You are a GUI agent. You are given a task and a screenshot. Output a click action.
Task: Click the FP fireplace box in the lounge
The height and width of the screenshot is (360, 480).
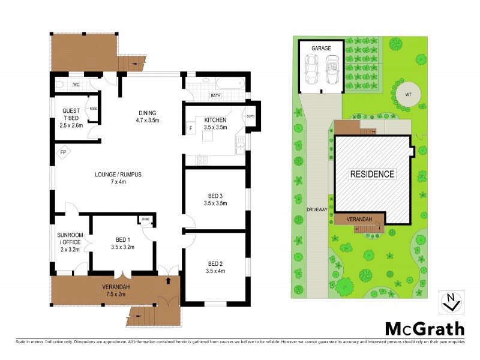pyautogui.click(x=63, y=152)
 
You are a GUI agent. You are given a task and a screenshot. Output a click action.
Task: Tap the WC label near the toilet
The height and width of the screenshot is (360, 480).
pyautogui.click(x=76, y=85)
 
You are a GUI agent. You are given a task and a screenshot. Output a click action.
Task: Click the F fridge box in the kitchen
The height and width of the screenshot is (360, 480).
pyautogui.click(x=191, y=128)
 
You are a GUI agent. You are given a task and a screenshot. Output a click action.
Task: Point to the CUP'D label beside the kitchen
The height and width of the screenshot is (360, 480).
pyautogui.click(x=251, y=116)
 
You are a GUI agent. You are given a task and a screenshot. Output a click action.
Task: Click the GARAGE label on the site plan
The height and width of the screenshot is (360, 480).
pyautogui.click(x=321, y=47)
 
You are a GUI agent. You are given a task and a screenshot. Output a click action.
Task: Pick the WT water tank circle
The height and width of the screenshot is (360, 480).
pyautogui.click(x=408, y=94)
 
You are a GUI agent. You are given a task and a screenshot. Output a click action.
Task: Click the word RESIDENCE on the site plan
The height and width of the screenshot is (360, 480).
pyautogui.click(x=373, y=175)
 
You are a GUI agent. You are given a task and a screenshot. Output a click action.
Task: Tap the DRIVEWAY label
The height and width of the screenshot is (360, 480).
pyautogui.click(x=316, y=210)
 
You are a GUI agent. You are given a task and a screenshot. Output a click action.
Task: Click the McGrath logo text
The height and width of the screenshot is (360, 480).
pyautogui.click(x=424, y=328)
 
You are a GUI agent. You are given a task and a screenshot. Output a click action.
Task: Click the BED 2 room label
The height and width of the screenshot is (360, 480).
pyautogui.click(x=215, y=263)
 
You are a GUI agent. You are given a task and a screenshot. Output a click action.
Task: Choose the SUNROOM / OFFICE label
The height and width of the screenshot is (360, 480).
pyautogui.click(x=70, y=238)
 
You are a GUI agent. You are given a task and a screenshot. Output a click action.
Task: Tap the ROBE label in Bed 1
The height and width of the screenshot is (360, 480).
pyautogui.click(x=146, y=220)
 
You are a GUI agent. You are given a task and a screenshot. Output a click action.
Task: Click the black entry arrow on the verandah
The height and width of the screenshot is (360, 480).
pyautogui.click(x=168, y=279)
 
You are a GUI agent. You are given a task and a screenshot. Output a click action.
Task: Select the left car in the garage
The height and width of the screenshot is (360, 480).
pyautogui.click(x=312, y=70)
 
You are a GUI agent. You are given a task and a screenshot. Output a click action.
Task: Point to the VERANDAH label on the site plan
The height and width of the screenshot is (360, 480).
pyautogui.click(x=359, y=220)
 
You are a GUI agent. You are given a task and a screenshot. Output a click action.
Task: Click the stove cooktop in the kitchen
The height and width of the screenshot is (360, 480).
pyautogui.click(x=200, y=160)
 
